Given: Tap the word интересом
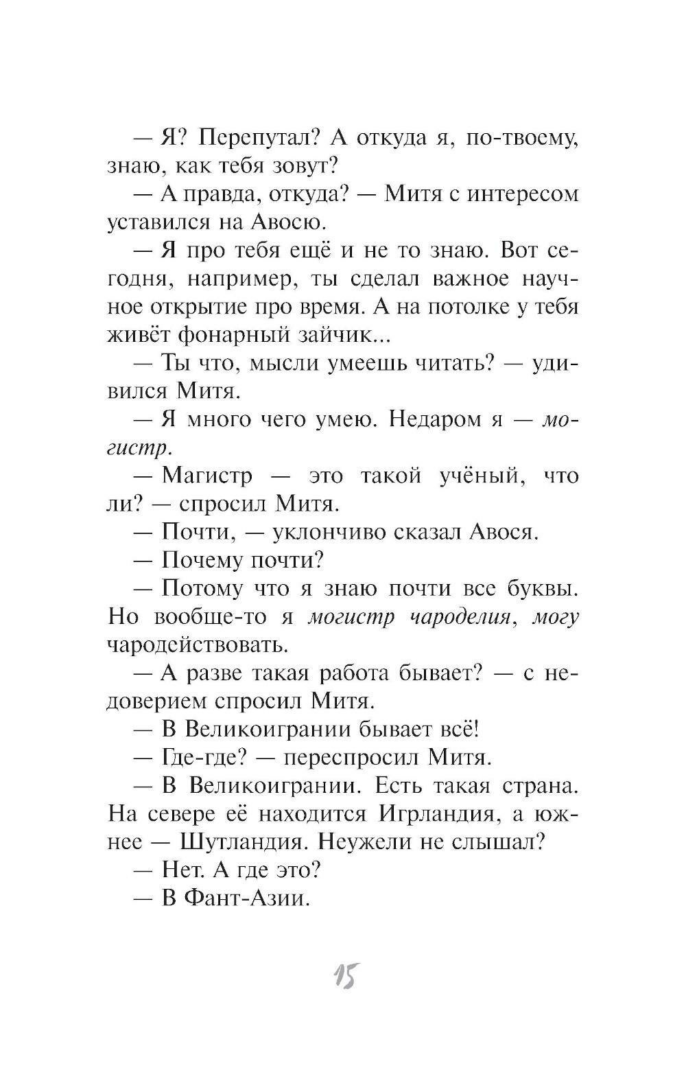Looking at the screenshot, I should (523, 194).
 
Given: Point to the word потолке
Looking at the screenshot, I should (467, 307).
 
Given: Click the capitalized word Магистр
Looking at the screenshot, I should (207, 476).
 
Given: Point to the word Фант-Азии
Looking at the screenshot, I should (246, 898).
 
